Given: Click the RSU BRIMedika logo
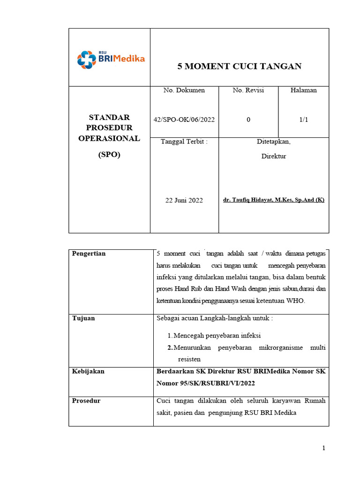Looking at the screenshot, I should click(x=111, y=59).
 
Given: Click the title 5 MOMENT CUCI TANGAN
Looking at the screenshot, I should click(x=239, y=66).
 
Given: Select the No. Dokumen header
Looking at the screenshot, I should click(x=184, y=90).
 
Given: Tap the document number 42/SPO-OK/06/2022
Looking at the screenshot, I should click(x=184, y=120).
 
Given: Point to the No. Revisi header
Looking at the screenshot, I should click(x=248, y=90).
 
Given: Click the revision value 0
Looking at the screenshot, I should click(x=248, y=120).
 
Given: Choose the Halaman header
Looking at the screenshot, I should click(x=303, y=90).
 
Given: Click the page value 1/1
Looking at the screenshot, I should click(x=303, y=120).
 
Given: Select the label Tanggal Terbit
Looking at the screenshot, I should click(x=184, y=142).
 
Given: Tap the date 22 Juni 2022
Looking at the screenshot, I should click(x=184, y=200).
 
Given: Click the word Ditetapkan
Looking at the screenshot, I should click(x=274, y=142).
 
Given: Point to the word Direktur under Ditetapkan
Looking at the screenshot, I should click(x=274, y=156).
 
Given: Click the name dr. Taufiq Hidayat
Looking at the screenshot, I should click(x=274, y=200).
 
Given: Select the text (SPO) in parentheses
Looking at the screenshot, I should click(x=109, y=155).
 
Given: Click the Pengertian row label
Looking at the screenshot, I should click(x=89, y=254).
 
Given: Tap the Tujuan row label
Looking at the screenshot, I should click(x=83, y=318).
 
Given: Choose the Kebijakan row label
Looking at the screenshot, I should click(x=88, y=371).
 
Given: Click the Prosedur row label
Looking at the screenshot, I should click(x=86, y=401).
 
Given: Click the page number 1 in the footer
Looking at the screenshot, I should click(x=323, y=448).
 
